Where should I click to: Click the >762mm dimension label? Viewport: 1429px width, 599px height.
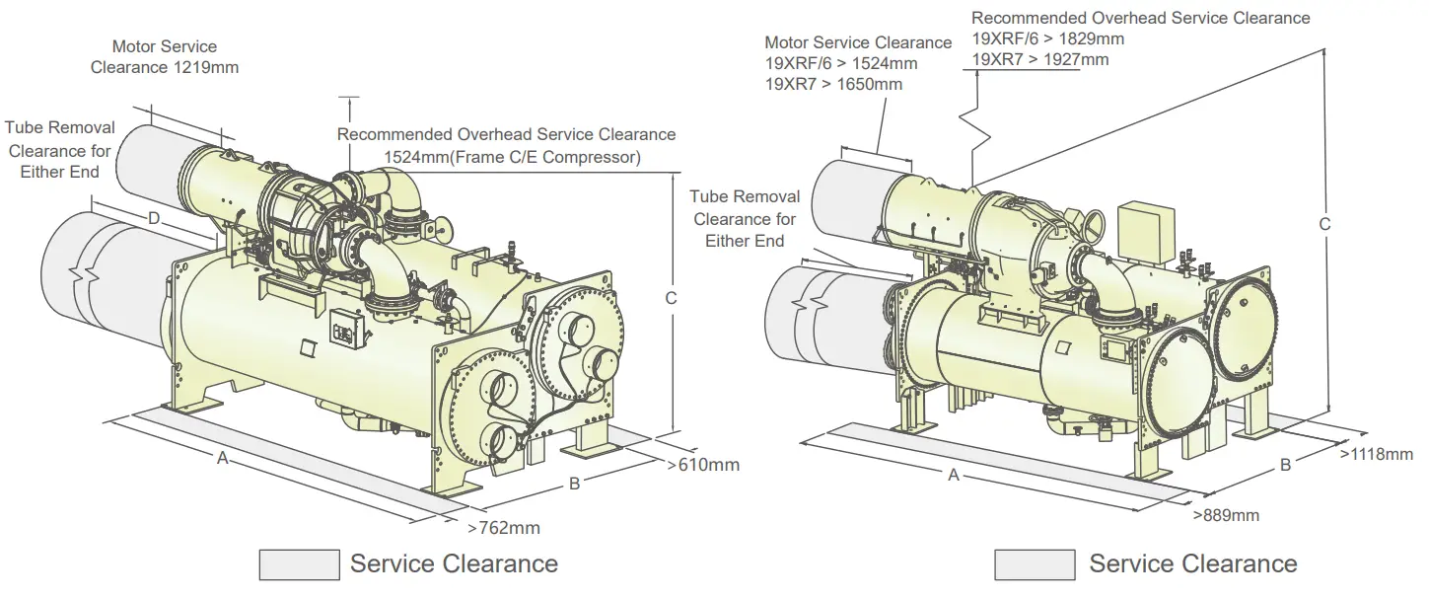click(x=504, y=527)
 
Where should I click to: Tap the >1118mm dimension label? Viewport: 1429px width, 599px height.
click(x=1376, y=454)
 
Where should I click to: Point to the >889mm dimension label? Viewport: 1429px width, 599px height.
click(x=1225, y=515)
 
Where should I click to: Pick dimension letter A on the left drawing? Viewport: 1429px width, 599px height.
click(x=223, y=458)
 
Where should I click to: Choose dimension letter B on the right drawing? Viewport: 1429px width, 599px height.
click(x=1285, y=465)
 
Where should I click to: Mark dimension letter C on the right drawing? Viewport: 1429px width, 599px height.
click(x=1324, y=224)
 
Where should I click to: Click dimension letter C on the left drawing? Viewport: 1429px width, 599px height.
click(x=670, y=297)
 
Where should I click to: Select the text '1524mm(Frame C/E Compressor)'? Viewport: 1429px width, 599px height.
click(x=512, y=157)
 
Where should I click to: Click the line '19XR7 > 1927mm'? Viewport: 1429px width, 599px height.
click(x=1039, y=59)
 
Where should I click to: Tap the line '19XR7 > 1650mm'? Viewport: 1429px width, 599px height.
click(x=833, y=84)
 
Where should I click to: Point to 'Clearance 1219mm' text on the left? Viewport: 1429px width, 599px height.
click(x=165, y=67)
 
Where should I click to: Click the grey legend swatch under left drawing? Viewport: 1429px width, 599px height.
click(x=299, y=564)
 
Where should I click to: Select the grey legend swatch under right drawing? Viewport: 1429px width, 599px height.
click(x=1034, y=564)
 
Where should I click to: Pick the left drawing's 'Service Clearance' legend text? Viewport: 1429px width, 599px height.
click(x=454, y=564)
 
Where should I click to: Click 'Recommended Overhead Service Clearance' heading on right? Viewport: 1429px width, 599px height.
click(x=1140, y=18)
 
